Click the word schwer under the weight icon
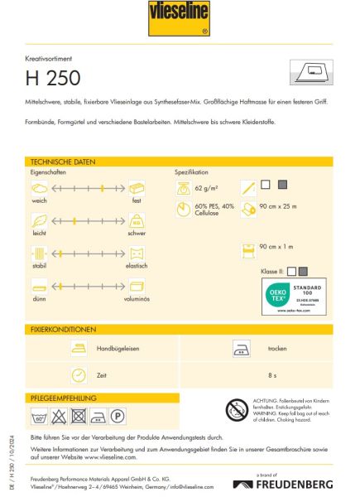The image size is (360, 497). point(137,234)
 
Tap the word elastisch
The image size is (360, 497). point(136,266)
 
